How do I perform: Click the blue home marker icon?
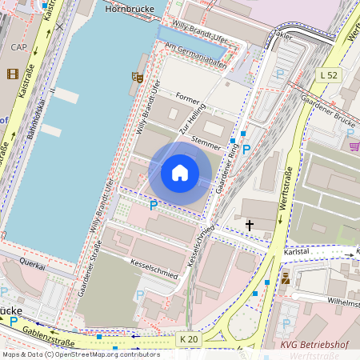point(180,173)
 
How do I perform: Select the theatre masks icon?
point(138,77)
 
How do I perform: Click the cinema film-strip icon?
point(12,74)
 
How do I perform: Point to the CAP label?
point(18,47)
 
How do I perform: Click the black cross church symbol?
point(250,226)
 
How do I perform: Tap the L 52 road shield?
point(328,74)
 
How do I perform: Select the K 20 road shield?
point(189,339)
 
